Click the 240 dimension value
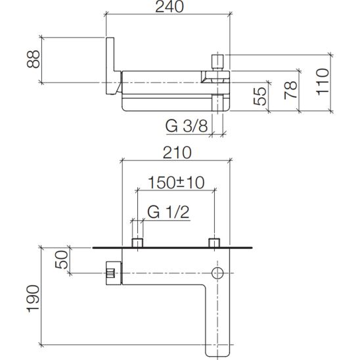pos(169,7)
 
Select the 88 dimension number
pos(34,59)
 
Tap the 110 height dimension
pos(323,81)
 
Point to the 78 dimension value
pos(291,90)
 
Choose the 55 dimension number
pos(260,97)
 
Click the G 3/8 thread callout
pos(187,126)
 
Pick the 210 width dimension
pos(177,152)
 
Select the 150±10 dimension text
pos(176,183)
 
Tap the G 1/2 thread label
pos(169,212)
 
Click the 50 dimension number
pos(62,259)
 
